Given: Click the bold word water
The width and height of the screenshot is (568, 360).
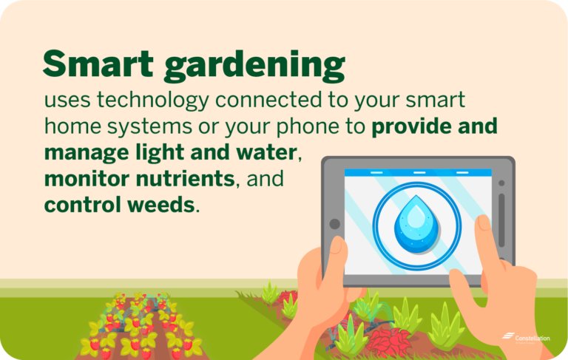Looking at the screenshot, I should point(266,154).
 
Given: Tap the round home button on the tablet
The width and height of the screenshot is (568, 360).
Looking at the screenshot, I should point(335,223).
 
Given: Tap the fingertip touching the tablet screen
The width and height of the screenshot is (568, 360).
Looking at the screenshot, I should point(483,223).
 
